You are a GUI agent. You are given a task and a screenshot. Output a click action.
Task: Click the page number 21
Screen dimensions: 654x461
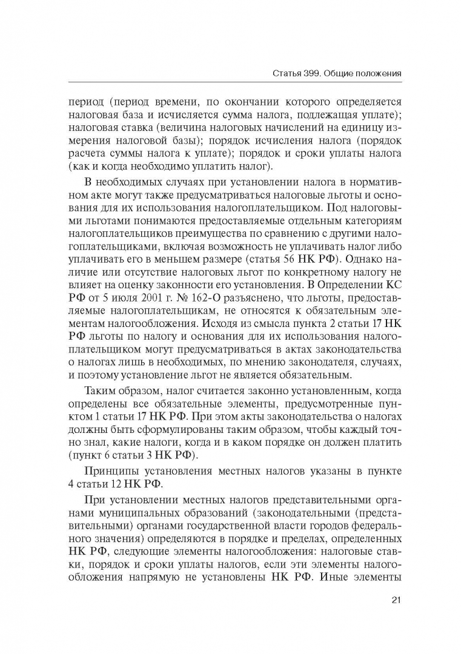click(397, 600)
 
